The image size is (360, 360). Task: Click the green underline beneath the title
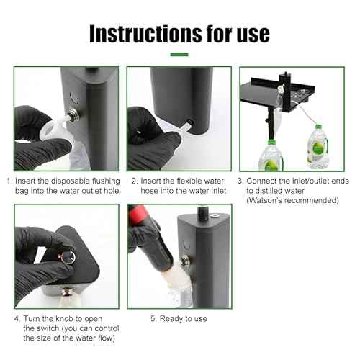click(179, 55)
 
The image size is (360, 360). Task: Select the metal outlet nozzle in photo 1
click(73, 114)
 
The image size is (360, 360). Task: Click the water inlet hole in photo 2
click(189, 122)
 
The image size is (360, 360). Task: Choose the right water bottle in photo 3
click(318, 149)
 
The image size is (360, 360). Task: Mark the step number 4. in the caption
click(17, 318)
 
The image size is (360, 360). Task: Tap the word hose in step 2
click(151, 191)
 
